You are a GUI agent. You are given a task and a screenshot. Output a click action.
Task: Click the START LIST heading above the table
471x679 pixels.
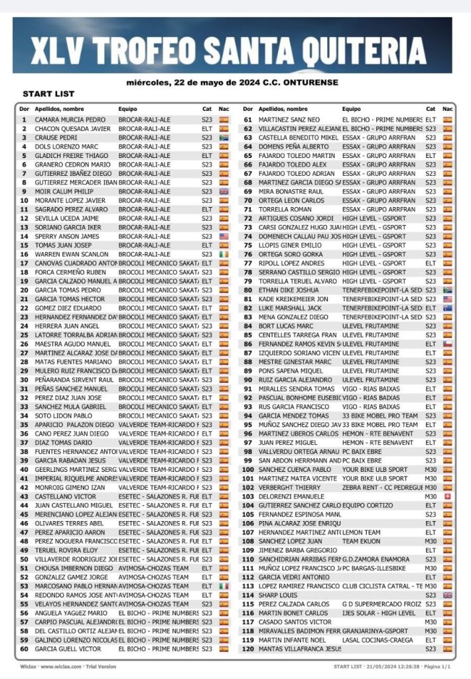point(48,94)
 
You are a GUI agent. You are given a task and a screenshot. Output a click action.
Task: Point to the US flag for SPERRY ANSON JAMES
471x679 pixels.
point(224,236)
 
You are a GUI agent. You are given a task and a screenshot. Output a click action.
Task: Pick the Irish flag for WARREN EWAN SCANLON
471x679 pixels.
point(224,254)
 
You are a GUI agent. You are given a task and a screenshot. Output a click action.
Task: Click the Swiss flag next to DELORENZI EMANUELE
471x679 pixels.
point(448,496)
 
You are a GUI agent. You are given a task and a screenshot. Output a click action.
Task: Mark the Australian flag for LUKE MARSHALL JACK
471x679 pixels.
point(448,308)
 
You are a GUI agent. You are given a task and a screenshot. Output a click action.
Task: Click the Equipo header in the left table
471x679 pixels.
point(128,109)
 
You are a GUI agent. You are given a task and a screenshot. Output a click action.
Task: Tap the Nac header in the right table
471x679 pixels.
point(448,109)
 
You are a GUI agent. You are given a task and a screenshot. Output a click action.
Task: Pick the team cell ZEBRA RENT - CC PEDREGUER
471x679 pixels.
point(381,487)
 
